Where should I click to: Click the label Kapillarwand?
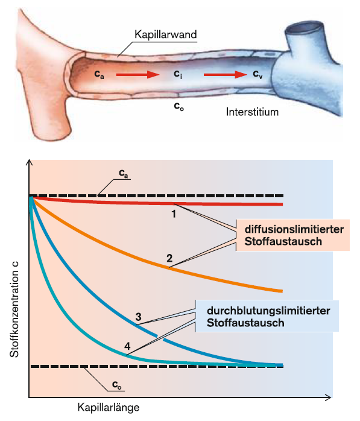tap(166, 34)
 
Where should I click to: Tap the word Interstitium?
tap(252, 112)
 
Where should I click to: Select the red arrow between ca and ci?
tap(138, 74)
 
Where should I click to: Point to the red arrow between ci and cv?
tap(226, 74)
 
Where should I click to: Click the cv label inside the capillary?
tap(257, 74)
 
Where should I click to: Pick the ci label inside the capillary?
tap(178, 74)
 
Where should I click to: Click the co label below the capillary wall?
tap(178, 107)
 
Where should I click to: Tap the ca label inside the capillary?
tap(99, 74)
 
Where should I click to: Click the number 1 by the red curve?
tap(174, 214)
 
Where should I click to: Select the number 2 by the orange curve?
tap(169, 258)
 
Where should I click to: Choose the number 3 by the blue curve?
tap(138, 317)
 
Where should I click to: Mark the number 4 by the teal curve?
tap(127, 346)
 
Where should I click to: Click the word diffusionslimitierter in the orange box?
tap(294, 229)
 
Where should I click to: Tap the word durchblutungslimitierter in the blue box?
tap(268, 311)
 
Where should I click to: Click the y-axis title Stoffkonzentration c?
tap(14, 309)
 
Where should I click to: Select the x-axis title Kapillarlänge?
tap(109, 407)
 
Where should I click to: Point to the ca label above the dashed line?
tap(124, 174)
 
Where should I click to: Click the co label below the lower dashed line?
tap(117, 385)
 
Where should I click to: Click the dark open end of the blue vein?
tap(304, 27)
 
